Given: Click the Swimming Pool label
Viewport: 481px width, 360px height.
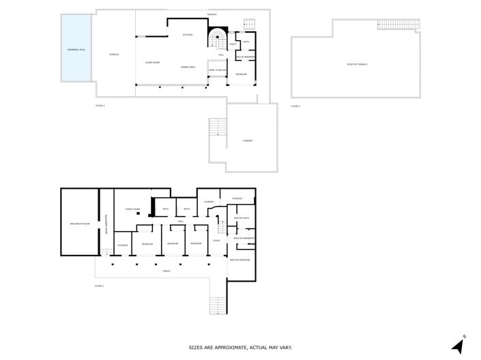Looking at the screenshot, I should pos(76,50).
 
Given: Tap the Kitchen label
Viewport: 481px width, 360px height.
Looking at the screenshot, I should pos(188,35).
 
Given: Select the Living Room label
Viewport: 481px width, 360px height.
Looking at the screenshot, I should pos(152,63).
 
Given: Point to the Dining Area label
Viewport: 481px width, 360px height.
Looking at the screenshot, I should pos(188,67).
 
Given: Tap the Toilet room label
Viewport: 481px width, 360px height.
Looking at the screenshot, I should pos(233,44).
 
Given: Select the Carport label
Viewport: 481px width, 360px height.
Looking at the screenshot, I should pos(248,141).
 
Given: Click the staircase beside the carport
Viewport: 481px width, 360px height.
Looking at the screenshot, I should pos(218,127).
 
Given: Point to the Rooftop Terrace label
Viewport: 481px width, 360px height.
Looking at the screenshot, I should pos(357,64).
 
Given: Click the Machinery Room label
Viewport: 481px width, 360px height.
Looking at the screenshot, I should pos(80,223).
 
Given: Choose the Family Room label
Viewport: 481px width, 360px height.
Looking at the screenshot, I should pos(132,209).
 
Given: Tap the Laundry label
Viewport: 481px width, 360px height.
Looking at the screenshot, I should pos(209,201).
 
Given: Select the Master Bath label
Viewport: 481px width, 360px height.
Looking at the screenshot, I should pos(242,218).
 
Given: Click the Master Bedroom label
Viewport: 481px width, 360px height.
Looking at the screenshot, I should pos(240,260).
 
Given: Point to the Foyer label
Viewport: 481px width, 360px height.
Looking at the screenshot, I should pos(216,240).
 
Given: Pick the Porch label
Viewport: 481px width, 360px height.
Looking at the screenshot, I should pos(166,271).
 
